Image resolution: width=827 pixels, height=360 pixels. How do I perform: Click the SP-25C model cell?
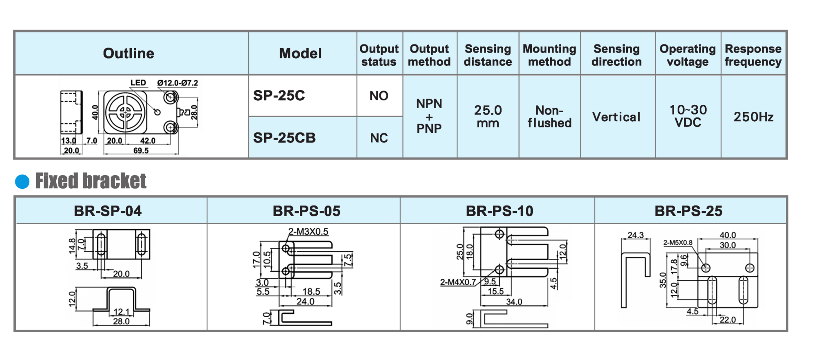coord(279,96)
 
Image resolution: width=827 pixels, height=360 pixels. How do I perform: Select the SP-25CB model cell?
coord(284,138)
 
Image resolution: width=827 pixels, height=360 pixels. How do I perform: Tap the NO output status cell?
coord(379,96)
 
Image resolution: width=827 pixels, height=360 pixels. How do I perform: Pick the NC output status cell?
coord(379,138)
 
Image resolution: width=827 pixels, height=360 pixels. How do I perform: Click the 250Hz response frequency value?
coord(753,117)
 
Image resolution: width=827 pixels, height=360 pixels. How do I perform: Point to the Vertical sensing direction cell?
coord(616,117)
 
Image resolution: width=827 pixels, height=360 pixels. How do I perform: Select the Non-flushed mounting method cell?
coord(549,117)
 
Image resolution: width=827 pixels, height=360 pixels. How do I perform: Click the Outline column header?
coord(128,54)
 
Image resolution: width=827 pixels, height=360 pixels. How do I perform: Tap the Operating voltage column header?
coord(687,55)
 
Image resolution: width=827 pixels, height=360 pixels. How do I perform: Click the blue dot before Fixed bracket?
coord(22,182)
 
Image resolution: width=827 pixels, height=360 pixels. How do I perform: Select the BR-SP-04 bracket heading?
coord(108,211)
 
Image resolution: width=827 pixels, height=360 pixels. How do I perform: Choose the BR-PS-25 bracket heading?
coord(688,211)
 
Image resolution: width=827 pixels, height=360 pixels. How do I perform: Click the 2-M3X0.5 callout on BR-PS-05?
coord(308,232)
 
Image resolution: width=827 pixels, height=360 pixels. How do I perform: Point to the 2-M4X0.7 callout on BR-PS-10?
coord(458,282)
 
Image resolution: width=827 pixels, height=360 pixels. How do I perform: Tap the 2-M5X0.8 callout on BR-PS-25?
coord(678,243)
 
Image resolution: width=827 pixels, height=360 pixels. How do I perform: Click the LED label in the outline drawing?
coord(138,83)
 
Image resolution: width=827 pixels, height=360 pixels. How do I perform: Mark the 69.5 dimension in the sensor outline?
coord(141,150)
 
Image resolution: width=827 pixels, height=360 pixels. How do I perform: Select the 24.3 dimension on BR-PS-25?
coord(635,235)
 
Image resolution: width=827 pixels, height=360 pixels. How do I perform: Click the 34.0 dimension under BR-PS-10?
coord(514,302)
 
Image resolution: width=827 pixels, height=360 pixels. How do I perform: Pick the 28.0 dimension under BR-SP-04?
coord(121,321)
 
